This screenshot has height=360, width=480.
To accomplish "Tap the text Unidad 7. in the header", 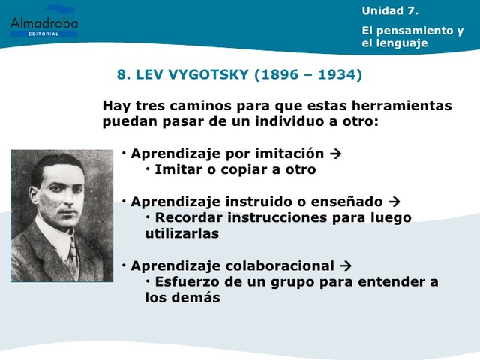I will click(x=390, y=10).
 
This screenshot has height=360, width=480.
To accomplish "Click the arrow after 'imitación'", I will click(x=336, y=154).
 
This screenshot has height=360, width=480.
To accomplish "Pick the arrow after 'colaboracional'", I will click(x=346, y=265).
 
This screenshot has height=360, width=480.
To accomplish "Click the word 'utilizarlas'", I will click(x=181, y=233).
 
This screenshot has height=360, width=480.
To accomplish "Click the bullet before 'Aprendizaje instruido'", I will click(x=124, y=202).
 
